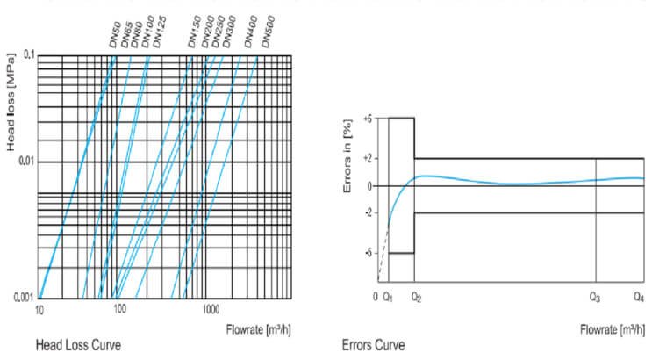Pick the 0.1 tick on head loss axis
tap(25, 55)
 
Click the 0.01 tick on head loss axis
tap(24, 162)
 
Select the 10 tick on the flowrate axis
tap(39, 310)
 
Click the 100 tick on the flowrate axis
tap(120, 310)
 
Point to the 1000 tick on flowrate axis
tap(209, 310)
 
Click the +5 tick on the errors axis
tap(369, 118)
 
